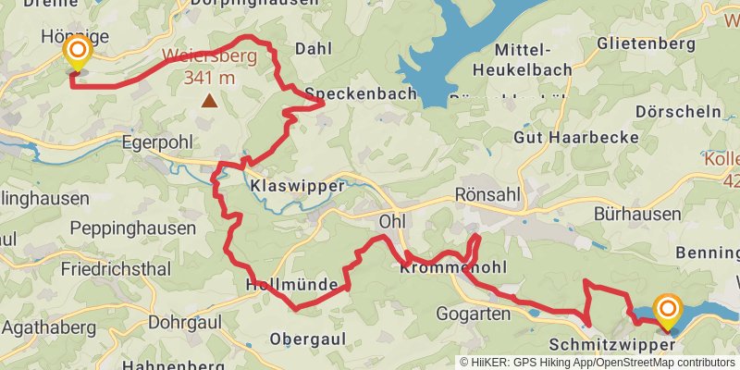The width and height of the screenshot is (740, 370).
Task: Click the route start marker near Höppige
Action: click(x=77, y=54)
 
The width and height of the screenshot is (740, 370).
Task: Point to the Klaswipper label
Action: click(x=297, y=185)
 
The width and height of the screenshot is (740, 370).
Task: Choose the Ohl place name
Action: click(x=392, y=222)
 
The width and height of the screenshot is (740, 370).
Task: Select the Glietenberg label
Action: click(x=645, y=43)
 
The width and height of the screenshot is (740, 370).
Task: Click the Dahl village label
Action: click(x=312, y=48)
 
